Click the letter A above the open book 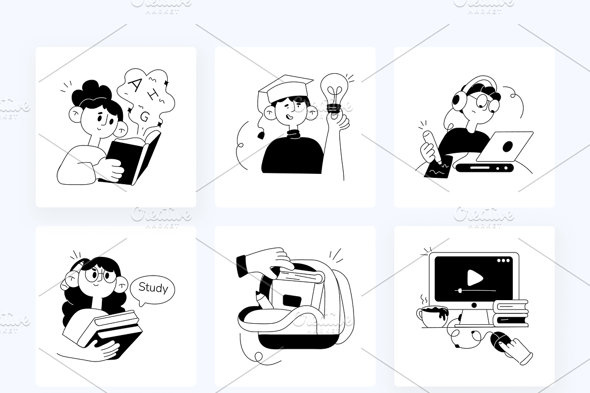click(136, 84)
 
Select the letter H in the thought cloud click(152, 95)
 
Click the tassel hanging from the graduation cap click(261, 135)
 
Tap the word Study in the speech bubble click(153, 288)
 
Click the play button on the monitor click(474, 278)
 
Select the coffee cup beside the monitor click(432, 317)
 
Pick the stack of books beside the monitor click(511, 313)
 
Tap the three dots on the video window click(503, 260)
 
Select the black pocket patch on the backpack click(292, 300)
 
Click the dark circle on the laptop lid click(507, 146)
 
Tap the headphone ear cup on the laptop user click(459, 100)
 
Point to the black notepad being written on click(438, 168)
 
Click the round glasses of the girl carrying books click(101, 275)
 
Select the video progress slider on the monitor click(475, 291)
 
